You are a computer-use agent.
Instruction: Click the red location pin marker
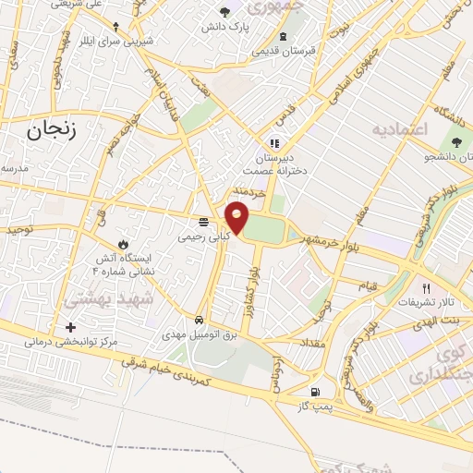coord(237,217)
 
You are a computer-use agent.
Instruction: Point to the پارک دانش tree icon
coord(226,11)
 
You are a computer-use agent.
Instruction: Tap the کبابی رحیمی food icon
coord(203,222)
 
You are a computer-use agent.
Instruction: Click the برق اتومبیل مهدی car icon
coord(200,320)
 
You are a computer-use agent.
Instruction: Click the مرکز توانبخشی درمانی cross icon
coord(71,327)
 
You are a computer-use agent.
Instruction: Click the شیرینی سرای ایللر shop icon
coord(115,26)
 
